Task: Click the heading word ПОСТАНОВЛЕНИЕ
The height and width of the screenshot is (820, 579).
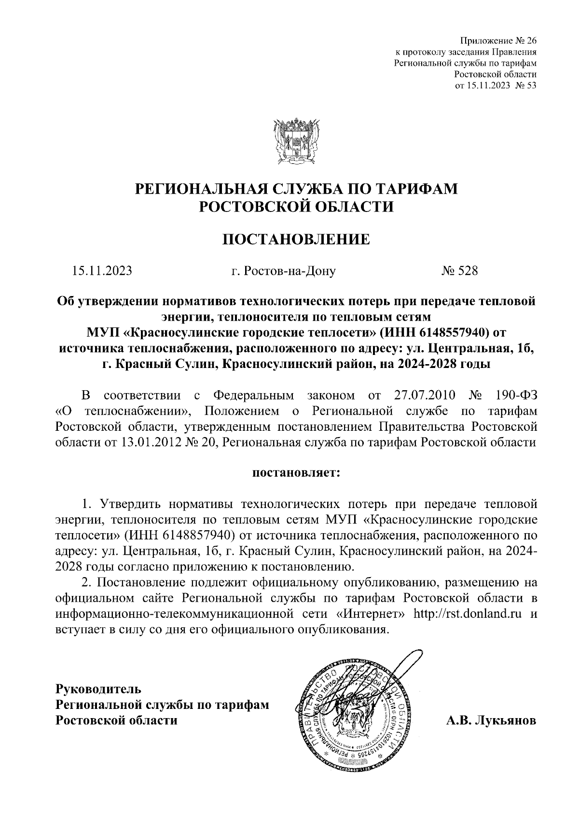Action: (296, 239)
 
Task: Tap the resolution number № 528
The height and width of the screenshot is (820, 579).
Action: (459, 271)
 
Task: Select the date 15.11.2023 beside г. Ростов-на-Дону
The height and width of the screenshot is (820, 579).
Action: (102, 271)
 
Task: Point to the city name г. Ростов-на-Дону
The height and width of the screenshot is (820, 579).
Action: (283, 271)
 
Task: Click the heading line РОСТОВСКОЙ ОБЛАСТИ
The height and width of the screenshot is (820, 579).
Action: (296, 207)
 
